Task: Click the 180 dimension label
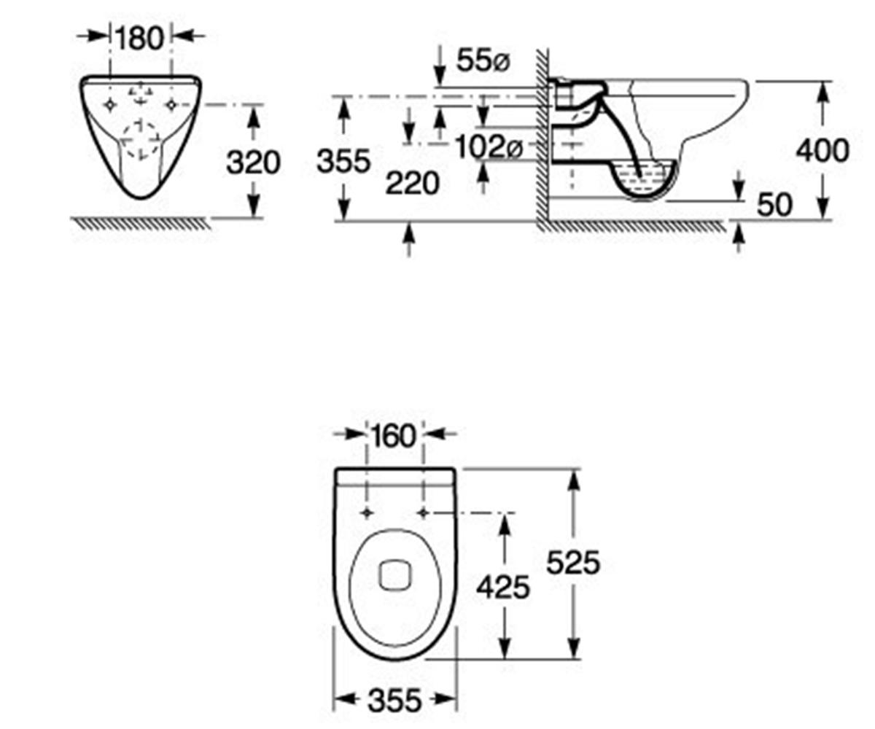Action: coord(139,38)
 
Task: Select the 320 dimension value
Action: coord(253,162)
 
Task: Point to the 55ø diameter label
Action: coord(483,61)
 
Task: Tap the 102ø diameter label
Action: coord(489,147)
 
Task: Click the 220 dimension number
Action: coord(413,183)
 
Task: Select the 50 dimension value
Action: coord(775,205)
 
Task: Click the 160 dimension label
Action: coord(394,436)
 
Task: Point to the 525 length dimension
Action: coord(573,562)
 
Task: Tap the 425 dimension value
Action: coord(503,587)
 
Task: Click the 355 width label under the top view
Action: coord(394,700)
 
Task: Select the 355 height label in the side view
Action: coord(343,161)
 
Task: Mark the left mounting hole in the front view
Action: coord(110,105)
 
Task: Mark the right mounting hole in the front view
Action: coord(171,105)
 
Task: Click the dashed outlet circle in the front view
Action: coord(141,141)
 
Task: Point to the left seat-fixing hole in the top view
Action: coord(367,512)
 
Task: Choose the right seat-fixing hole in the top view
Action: coord(423,512)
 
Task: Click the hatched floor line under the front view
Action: coord(141,223)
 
